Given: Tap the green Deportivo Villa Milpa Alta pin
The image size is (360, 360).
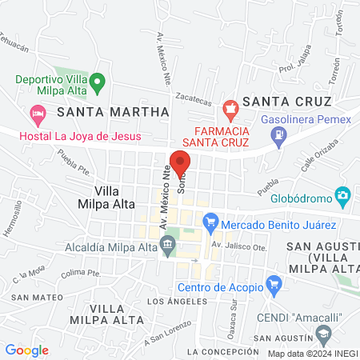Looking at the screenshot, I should (x=98, y=82).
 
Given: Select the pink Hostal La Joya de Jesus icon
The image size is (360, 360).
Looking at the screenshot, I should (x=37, y=114).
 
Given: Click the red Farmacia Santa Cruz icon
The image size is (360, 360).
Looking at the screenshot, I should (x=231, y=108).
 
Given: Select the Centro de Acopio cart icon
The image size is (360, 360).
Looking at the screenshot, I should (x=274, y=283).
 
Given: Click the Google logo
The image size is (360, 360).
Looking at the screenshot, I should (x=27, y=350).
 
